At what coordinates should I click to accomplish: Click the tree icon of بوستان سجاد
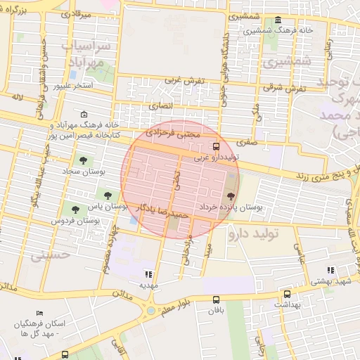point(84,161)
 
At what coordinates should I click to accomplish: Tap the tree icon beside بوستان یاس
point(108,196)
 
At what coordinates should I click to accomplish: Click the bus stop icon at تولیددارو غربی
point(216,147)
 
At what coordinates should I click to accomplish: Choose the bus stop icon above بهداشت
point(287,295)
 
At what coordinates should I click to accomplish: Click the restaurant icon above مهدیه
point(148,274)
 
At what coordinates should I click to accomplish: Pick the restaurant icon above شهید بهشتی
point(330,270)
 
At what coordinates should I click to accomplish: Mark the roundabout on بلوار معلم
point(151,310)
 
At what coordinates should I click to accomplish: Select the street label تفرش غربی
point(185,81)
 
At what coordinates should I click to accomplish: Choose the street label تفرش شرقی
point(286,89)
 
